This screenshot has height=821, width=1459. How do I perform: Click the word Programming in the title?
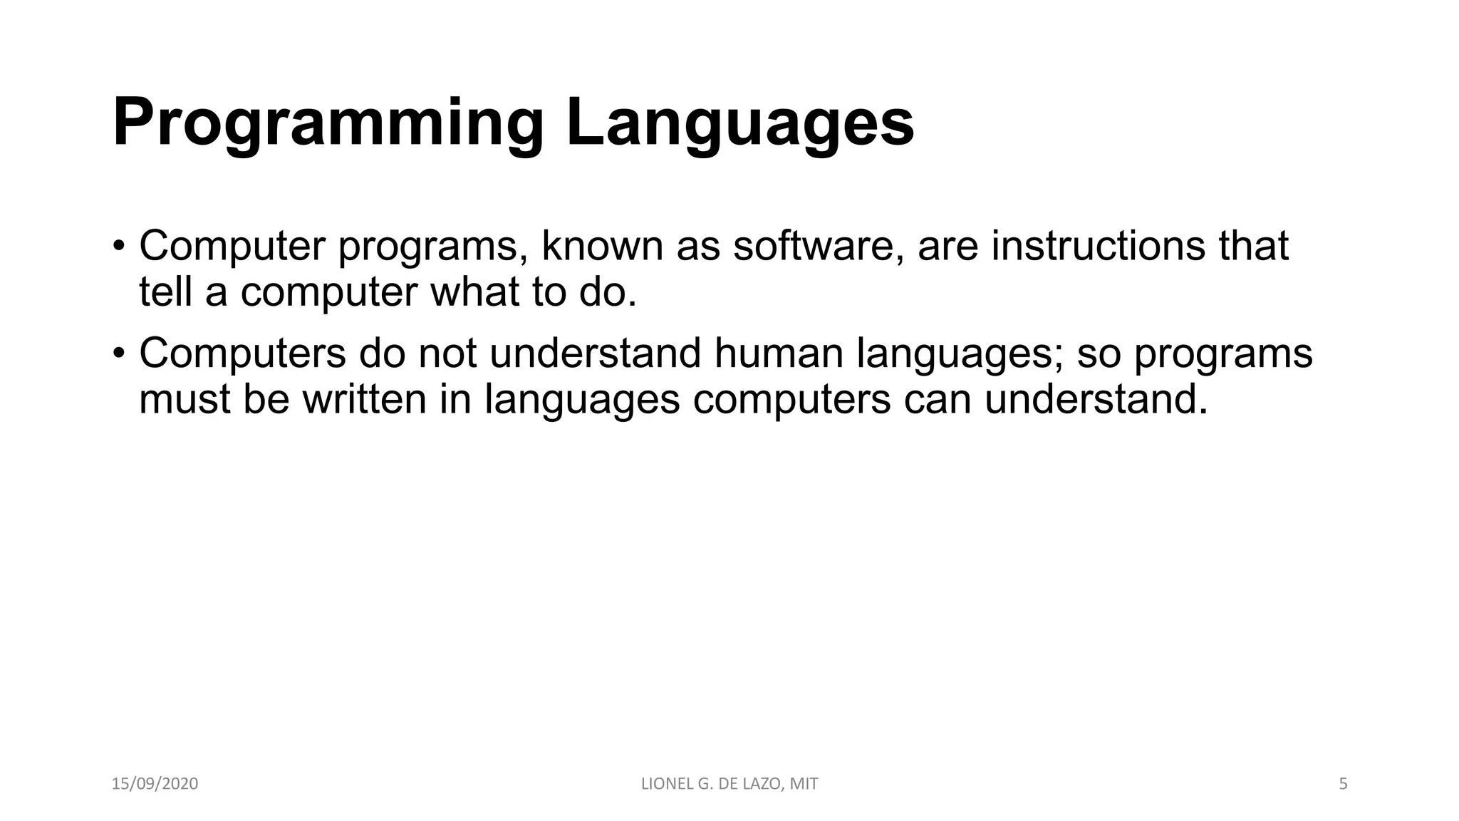tap(328, 124)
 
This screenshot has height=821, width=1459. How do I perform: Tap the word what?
tap(474, 292)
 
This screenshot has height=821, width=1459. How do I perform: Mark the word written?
tap(364, 399)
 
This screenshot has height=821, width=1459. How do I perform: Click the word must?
tap(185, 399)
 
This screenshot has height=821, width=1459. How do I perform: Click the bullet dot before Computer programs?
tap(118, 247)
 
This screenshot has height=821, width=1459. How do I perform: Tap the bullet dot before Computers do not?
tap(118, 354)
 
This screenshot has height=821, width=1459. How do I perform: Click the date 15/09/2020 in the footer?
tap(155, 784)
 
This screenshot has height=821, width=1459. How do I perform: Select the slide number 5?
tap(1343, 784)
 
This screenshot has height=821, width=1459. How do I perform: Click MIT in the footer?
tap(804, 784)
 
